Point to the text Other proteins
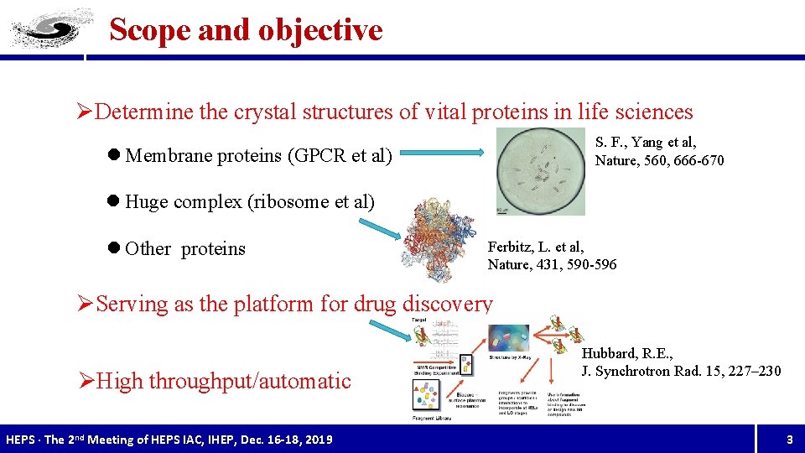tap(184, 249)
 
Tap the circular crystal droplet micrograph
tap(540, 171)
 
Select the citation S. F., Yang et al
tap(646, 142)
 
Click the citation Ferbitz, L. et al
tap(536, 247)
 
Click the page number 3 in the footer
tap(788, 440)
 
